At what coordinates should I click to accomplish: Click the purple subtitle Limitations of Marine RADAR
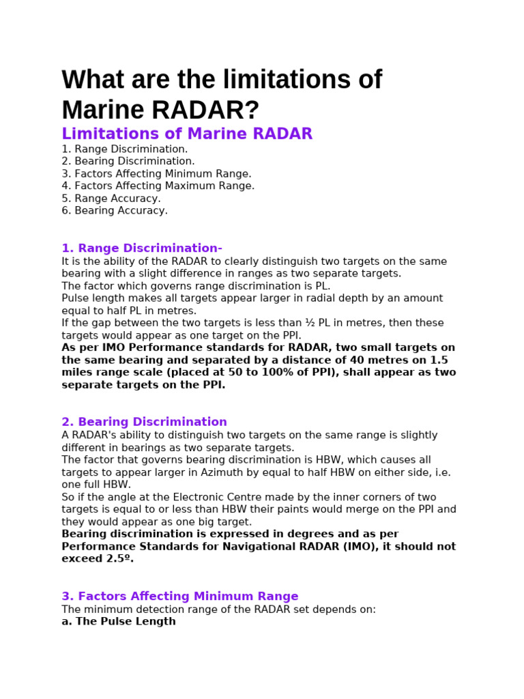187,134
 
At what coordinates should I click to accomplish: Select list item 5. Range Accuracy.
111,199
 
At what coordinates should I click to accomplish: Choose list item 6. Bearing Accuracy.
115,211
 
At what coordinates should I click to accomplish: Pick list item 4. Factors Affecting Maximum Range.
158,186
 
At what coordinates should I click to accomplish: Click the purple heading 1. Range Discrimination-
142,248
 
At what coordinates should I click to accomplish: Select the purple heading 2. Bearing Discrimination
144,422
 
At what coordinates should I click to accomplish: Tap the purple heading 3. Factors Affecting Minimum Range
180,597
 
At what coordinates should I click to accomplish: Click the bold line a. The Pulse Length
119,622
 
